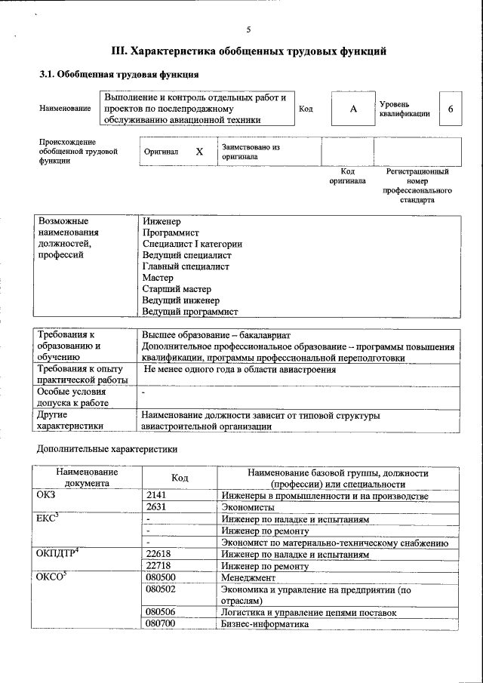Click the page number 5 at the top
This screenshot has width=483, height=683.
click(x=248, y=29)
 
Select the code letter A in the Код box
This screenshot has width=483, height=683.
click(x=352, y=109)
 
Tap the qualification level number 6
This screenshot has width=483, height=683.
click(x=451, y=109)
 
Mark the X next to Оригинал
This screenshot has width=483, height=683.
click(x=199, y=152)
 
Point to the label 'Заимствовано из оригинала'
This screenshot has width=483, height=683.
click(x=251, y=152)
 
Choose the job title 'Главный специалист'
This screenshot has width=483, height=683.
click(x=186, y=266)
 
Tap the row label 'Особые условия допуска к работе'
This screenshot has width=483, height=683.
click(x=72, y=398)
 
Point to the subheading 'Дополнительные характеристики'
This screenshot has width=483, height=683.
click(x=108, y=449)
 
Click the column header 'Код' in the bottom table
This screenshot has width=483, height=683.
click(x=180, y=478)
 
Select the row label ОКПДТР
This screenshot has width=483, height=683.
click(x=55, y=554)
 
